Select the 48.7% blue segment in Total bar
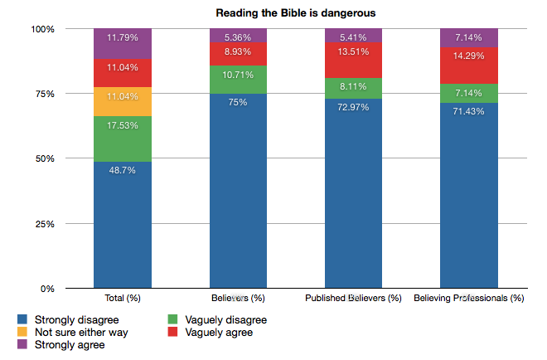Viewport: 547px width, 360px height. pyautogui.click(x=123, y=225)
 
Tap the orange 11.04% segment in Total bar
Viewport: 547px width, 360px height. pyautogui.click(x=123, y=101)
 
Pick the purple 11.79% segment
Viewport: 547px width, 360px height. pyautogui.click(x=123, y=44)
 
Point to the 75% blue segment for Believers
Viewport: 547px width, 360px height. pyautogui.click(x=238, y=191)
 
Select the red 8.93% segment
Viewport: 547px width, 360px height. pyautogui.click(x=238, y=54)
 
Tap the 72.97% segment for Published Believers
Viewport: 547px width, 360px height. pyautogui.click(x=353, y=193)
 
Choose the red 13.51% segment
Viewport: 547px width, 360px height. pyautogui.click(x=353, y=60)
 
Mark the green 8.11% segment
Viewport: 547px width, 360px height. pyautogui.click(x=353, y=88)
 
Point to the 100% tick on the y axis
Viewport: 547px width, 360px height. pyautogui.click(x=43, y=29)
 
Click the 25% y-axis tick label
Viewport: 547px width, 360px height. pyautogui.click(x=43, y=224)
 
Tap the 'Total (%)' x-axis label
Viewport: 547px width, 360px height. pyautogui.click(x=123, y=298)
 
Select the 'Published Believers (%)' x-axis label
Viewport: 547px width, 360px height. pyautogui.click(x=353, y=298)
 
